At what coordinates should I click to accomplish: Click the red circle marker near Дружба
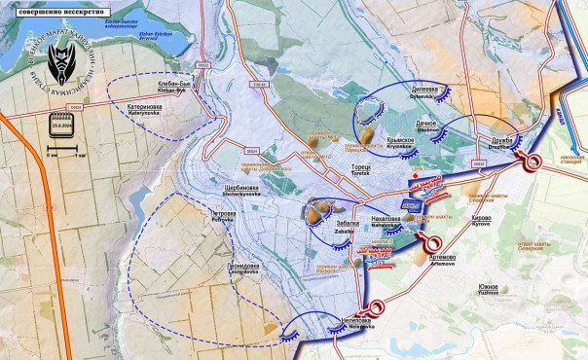click(533, 164)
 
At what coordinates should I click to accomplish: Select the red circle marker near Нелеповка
click(364, 310)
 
